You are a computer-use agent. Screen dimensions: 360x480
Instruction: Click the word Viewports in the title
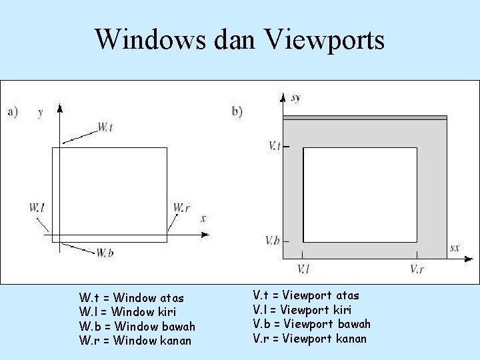pyautogui.click(x=326, y=39)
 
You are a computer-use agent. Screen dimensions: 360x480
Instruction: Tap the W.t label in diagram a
pyautogui.click(x=105, y=127)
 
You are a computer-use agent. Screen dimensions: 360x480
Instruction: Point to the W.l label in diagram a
pyautogui.click(x=37, y=208)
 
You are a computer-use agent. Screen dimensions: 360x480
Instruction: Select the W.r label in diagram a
pyautogui.click(x=181, y=208)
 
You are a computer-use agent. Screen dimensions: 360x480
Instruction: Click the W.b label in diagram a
pyautogui.click(x=104, y=252)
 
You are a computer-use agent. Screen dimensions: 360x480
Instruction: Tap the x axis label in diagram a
pyautogui.click(x=203, y=218)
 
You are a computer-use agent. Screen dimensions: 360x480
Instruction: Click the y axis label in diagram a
pyautogui.click(x=41, y=113)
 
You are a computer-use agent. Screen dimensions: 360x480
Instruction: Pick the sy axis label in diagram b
pyautogui.click(x=295, y=98)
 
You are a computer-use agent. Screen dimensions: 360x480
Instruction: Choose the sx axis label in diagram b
pyautogui.click(x=454, y=248)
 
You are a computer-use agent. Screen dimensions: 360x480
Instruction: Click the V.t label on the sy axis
pyautogui.click(x=273, y=145)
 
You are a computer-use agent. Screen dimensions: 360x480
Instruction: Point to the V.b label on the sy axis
pyautogui.click(x=272, y=240)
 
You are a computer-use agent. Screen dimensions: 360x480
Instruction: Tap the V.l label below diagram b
pyautogui.click(x=303, y=269)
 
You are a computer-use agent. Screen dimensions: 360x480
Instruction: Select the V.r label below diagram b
pyautogui.click(x=417, y=269)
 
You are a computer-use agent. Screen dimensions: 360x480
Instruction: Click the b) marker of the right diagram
pyautogui.click(x=237, y=111)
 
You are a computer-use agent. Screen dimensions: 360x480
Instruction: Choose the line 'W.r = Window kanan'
pyautogui.click(x=135, y=341)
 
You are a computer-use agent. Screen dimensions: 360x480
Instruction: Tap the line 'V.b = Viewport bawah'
pyautogui.click(x=311, y=324)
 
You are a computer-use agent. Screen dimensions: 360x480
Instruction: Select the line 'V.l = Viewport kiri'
pyautogui.click(x=302, y=309)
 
